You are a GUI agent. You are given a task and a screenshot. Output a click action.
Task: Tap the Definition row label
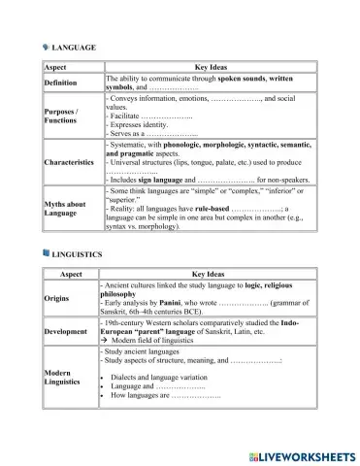point(60,83)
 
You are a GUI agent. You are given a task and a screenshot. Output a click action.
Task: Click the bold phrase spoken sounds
point(227,77)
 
